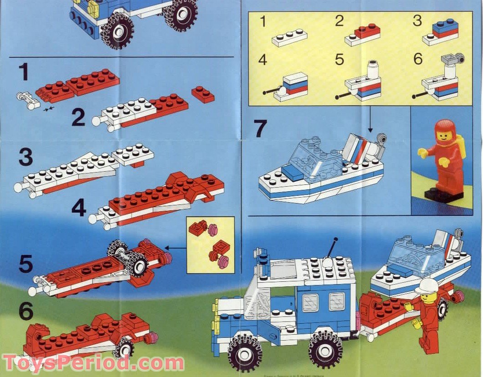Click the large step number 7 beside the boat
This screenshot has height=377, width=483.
[260, 128]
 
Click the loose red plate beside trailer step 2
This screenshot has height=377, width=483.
[203, 94]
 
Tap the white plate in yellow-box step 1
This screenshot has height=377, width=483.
[289, 37]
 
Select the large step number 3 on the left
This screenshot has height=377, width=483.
[26, 158]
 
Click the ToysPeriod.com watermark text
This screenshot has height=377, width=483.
[93, 363]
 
